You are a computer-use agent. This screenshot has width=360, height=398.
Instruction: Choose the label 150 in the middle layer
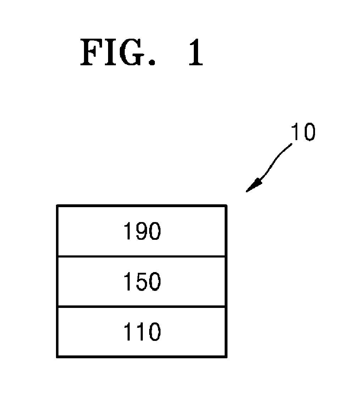click(142, 282)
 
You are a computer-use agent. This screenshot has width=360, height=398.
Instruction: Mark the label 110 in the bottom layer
click(142, 332)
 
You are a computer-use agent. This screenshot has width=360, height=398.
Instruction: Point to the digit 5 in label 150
click(141, 282)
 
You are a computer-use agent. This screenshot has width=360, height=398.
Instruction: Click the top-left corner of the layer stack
click(57, 205)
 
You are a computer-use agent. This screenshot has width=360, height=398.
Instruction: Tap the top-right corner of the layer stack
click(226, 205)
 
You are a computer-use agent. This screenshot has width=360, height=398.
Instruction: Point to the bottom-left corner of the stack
click(57, 356)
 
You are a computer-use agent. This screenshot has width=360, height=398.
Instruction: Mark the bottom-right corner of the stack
click(226, 356)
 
